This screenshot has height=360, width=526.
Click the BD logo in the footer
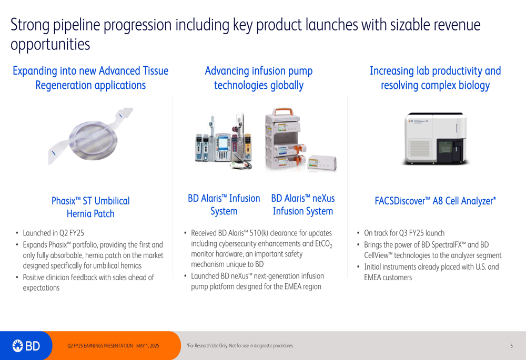coord(26,346)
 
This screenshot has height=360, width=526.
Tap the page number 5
coord(511,346)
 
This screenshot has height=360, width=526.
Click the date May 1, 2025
coord(148,346)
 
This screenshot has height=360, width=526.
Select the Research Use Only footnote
coord(240,346)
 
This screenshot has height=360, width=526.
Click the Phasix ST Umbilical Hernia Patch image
coord(90,136)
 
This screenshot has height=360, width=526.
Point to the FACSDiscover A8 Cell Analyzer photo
coord(435,138)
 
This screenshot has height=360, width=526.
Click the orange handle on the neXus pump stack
coord(282,111)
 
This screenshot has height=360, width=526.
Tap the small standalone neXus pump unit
coord(322,163)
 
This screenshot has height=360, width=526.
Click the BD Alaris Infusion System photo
coord(224,141)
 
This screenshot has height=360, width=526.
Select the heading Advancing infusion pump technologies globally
coord(259,78)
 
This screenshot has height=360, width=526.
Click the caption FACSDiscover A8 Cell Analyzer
coord(435,201)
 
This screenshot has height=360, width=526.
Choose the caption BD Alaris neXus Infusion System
coord(302,204)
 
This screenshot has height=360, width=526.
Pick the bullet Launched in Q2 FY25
coord(53,233)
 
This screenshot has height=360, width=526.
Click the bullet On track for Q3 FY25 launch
coord(404,233)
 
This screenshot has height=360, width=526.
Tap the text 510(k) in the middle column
coord(259,233)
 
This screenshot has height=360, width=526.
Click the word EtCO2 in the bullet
coord(323,244)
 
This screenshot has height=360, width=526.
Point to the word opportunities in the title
coord(50,45)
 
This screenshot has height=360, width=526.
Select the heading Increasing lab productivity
coord(435,71)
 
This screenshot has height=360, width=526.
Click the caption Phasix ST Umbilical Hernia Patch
coord(90,207)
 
